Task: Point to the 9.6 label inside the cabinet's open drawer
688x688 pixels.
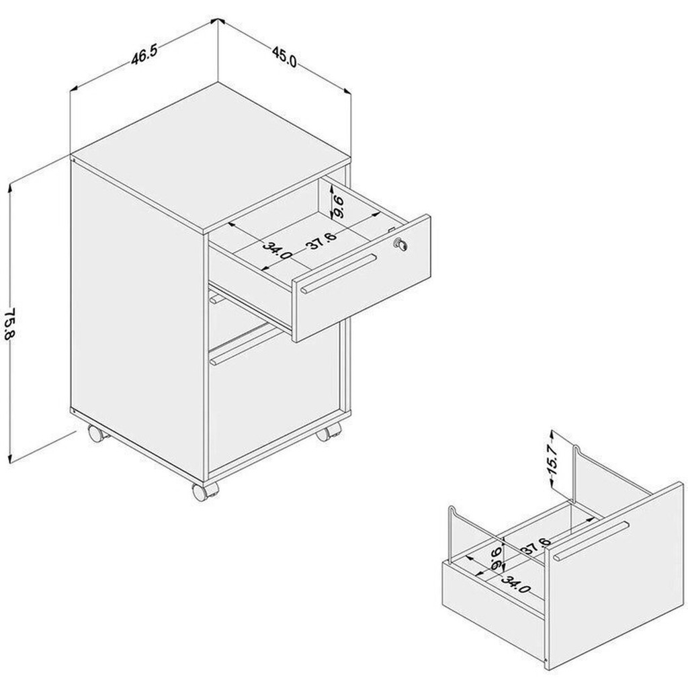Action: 338,208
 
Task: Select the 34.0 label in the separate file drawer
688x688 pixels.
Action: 516,584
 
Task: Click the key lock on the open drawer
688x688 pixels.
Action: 400,244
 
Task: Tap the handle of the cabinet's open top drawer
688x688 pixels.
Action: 339,273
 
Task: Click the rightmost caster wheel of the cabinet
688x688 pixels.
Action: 328,432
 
